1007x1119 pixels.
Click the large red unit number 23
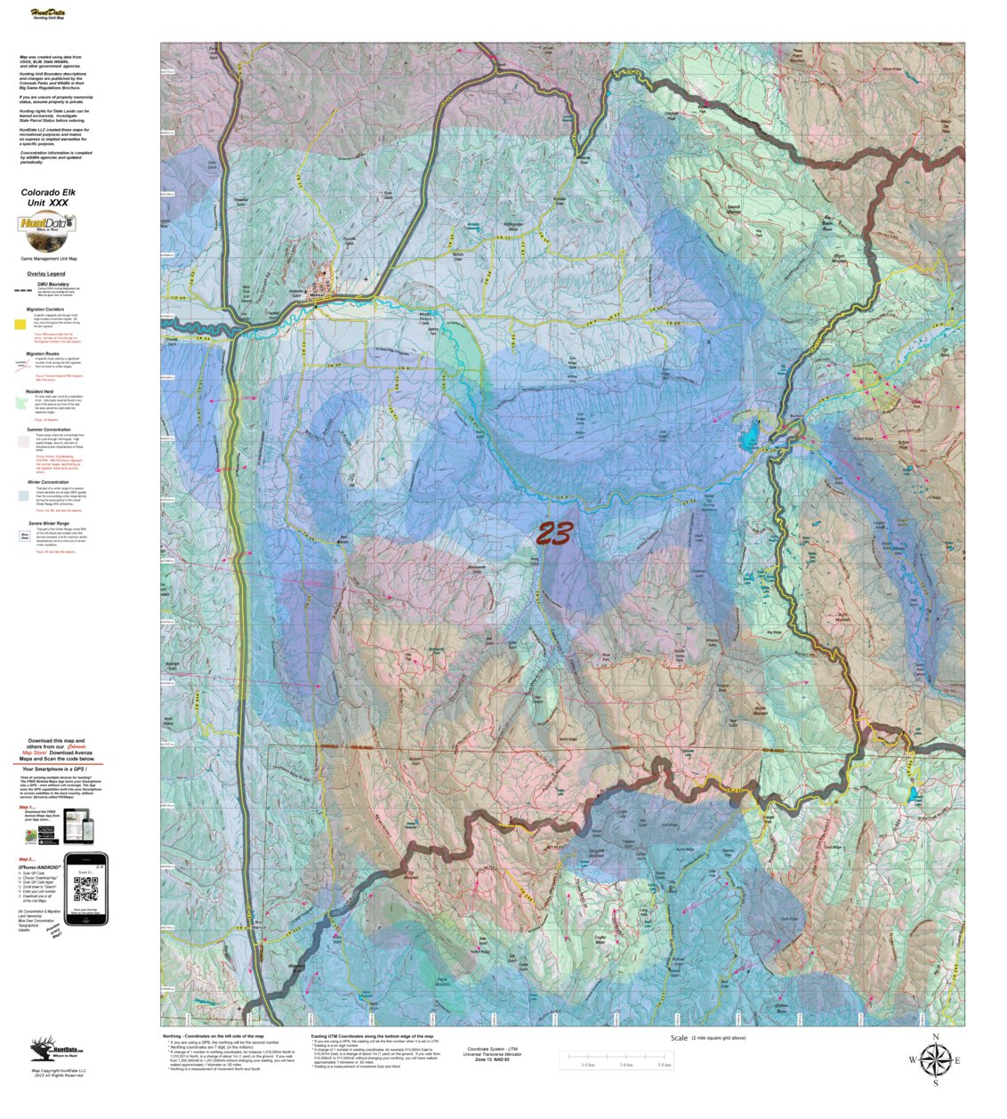pyautogui.click(x=553, y=534)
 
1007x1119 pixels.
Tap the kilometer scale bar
pyautogui.click(x=615, y=1059)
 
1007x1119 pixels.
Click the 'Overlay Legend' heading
pyautogui.click(x=45, y=274)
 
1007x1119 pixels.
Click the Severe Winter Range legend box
pyautogui.click(x=25, y=535)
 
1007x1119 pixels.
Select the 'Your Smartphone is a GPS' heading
pyautogui.click(x=59, y=769)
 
